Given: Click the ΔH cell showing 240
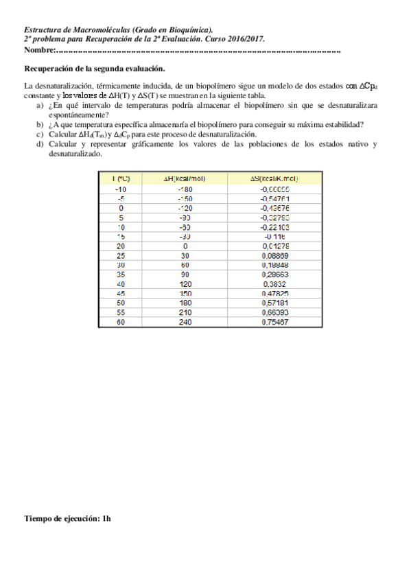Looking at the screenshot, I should tap(185, 321).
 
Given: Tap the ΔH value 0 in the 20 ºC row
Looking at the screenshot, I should tap(185, 245).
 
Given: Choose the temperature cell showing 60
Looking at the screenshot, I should tap(121, 321).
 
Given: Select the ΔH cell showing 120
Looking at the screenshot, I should tap(185, 283).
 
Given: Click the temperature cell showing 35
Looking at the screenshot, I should tap(121, 274).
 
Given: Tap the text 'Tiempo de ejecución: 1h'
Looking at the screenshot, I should tap(67, 519).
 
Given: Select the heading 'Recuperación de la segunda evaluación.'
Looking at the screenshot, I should tap(95, 69).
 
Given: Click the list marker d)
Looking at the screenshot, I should tap(39, 145).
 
